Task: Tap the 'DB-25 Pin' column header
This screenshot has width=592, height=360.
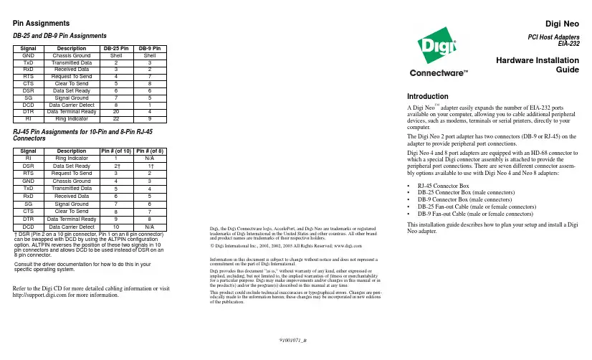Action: tap(115, 48)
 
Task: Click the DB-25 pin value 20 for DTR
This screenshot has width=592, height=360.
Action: tap(115, 111)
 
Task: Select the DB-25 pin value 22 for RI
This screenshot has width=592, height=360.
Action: tap(115, 118)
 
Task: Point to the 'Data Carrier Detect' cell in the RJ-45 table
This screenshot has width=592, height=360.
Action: tap(71, 227)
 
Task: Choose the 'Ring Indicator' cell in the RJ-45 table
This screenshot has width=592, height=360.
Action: tap(71, 158)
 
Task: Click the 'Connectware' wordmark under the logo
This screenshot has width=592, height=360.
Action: tap(438, 72)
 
